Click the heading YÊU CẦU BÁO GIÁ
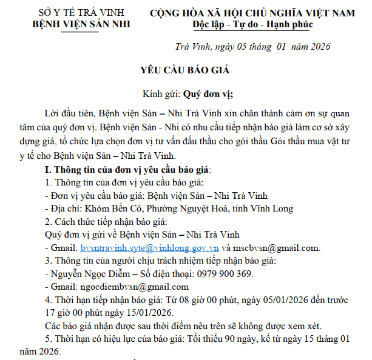(186, 72)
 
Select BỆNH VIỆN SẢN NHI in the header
(81, 24)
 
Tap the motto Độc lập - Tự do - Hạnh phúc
(252, 25)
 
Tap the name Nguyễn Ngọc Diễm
(87, 274)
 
